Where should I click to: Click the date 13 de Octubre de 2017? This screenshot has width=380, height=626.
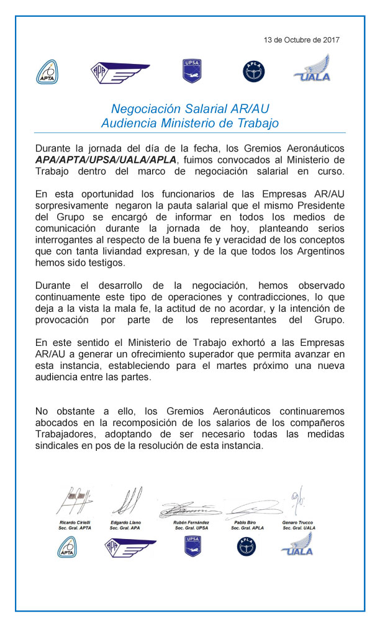tap(302, 40)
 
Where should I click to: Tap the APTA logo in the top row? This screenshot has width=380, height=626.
tap(47, 71)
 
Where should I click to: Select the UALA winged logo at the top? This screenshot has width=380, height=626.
tap(312, 68)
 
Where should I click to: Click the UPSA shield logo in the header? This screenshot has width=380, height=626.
tap(191, 70)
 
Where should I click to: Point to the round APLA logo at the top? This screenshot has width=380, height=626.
tap(253, 71)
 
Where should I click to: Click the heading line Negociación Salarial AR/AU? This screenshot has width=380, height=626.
tap(190, 109)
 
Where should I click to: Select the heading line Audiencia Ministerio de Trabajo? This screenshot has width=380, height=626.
tap(190, 123)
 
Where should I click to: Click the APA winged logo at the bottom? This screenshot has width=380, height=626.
tap(129, 547)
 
